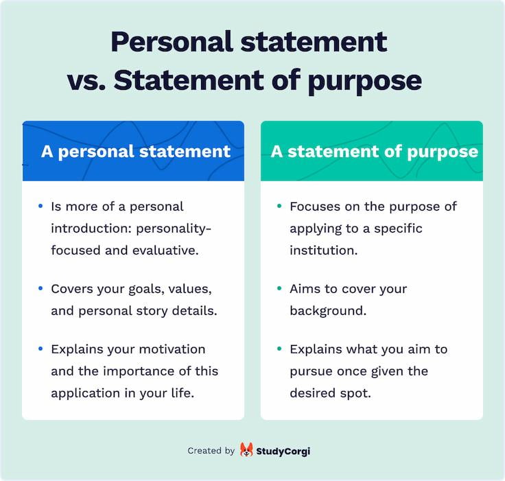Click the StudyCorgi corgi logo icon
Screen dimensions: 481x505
tap(246, 450)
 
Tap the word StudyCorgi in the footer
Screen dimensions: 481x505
tap(283, 451)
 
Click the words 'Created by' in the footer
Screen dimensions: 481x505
tap(211, 451)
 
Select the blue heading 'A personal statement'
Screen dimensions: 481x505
tap(135, 151)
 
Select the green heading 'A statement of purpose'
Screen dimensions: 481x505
tap(374, 151)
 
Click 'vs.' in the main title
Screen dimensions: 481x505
tap(86, 80)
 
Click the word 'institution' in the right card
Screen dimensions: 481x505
tap(323, 250)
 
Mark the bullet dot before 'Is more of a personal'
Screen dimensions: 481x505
tap(40, 206)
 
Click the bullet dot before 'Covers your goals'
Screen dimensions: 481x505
tap(40, 288)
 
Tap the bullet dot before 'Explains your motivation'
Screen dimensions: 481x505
tap(40, 349)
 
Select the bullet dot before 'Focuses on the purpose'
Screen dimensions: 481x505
tap(279, 206)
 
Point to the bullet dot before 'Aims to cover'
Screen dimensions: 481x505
tap(279, 288)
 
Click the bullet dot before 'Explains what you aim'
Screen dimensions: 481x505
tap(279, 349)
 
